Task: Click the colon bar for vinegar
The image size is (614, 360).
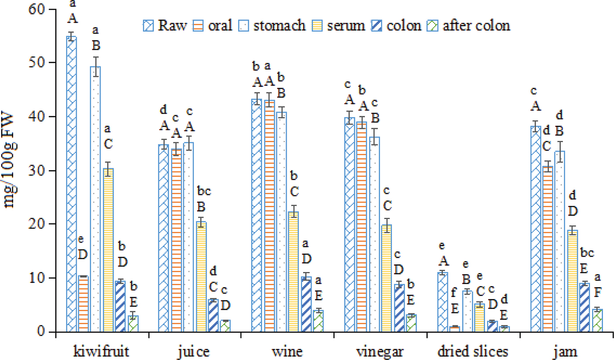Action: point(398,308)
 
